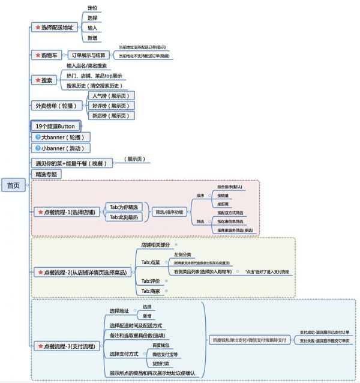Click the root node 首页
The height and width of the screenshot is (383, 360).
[x=13, y=185]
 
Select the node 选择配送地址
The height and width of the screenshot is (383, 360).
[x=56, y=27]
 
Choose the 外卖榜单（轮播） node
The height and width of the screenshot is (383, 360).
[x=58, y=105]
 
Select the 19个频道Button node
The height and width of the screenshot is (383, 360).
[x=55, y=126]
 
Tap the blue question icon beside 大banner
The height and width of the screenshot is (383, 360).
[x=37, y=137]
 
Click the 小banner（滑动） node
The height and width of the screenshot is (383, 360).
[x=57, y=148]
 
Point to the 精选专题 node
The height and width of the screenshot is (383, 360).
[x=47, y=174]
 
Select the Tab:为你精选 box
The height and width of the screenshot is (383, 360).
[x=123, y=207]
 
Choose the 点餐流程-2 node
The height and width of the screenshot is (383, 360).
[x=81, y=272]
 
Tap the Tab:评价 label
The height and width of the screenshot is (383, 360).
[x=151, y=281]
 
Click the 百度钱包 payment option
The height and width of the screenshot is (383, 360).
[x=161, y=346]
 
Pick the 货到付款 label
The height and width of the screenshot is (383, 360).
[x=161, y=364]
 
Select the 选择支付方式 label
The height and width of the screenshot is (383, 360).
[x=124, y=355]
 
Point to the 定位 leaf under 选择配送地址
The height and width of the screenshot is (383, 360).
[x=92, y=8]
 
